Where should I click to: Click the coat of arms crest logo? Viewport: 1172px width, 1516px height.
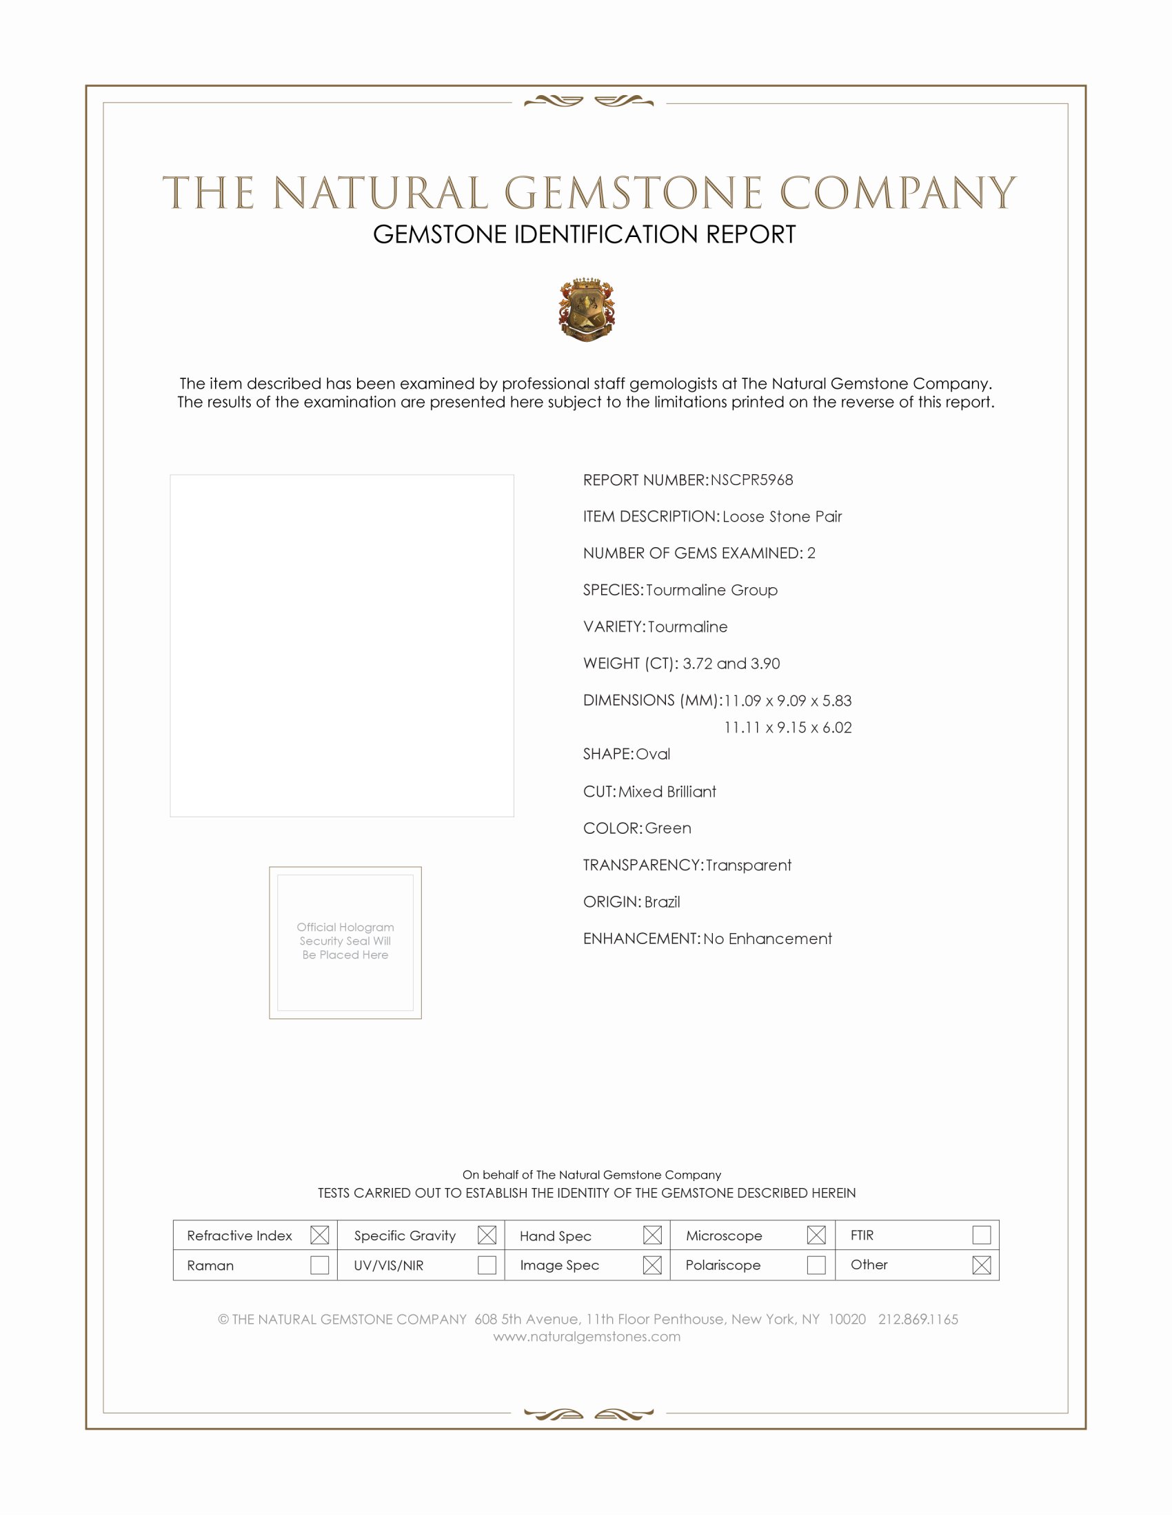coord(587,309)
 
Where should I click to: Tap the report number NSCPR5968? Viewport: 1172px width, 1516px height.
coord(751,480)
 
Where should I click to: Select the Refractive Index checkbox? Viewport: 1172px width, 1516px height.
coord(319,1235)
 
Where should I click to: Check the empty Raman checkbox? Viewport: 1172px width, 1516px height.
coord(319,1264)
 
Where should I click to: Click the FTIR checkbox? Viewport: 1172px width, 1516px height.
coord(981,1234)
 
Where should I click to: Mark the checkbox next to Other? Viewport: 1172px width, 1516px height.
coord(981,1264)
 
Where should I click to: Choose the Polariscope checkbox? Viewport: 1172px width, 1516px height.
coord(816,1264)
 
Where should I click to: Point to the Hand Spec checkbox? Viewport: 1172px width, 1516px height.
coord(652,1235)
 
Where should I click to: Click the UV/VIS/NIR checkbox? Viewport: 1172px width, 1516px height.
coord(487,1264)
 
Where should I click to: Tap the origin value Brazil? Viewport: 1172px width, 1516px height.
coord(662,902)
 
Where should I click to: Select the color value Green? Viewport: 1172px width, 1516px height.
coord(668,828)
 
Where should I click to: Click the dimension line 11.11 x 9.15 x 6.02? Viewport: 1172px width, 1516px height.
coord(787,728)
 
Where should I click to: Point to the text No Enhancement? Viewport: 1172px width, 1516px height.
coord(767,939)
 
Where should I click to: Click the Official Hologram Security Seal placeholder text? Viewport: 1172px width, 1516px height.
coord(345,941)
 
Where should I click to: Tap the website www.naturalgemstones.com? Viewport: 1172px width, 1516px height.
coord(587,1336)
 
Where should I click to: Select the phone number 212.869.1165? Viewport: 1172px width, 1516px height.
coord(918,1319)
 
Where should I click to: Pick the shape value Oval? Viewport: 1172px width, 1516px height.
coord(653,754)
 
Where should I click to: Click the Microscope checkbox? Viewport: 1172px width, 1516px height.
coord(816,1235)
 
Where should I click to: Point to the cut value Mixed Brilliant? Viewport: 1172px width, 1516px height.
coord(667,791)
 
